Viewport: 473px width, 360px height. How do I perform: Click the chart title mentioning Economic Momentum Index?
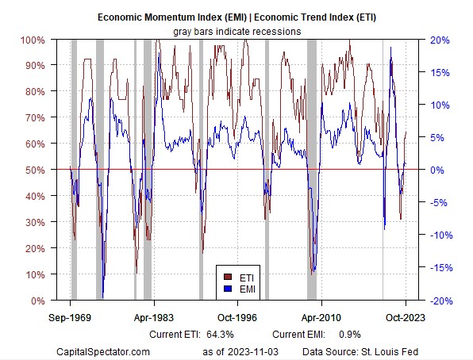tap(236, 17)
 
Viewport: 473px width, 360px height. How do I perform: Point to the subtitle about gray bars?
tap(237, 32)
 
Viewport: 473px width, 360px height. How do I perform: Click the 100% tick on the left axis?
tap(33, 40)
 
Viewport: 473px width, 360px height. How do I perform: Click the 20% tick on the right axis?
tap(440, 40)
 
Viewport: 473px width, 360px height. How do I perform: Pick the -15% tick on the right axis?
tap(441, 267)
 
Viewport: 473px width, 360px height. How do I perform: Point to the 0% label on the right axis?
tap(437, 170)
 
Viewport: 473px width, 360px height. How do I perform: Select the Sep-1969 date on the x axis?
tap(70, 317)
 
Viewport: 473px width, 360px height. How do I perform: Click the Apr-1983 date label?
tap(154, 317)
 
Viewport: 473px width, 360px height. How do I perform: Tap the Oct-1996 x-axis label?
tap(237, 317)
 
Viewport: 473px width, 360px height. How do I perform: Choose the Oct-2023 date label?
tap(405, 317)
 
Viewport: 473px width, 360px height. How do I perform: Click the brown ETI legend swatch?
tap(228, 277)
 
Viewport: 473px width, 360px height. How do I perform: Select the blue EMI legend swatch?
tap(228, 289)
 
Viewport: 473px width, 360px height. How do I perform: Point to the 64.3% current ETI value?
tap(220, 335)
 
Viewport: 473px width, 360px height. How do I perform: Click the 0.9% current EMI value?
tap(350, 335)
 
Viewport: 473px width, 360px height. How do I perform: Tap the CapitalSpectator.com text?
tap(103, 351)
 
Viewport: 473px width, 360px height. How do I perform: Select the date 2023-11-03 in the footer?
tap(253, 351)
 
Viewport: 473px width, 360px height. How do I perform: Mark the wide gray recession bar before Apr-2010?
tap(312, 170)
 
